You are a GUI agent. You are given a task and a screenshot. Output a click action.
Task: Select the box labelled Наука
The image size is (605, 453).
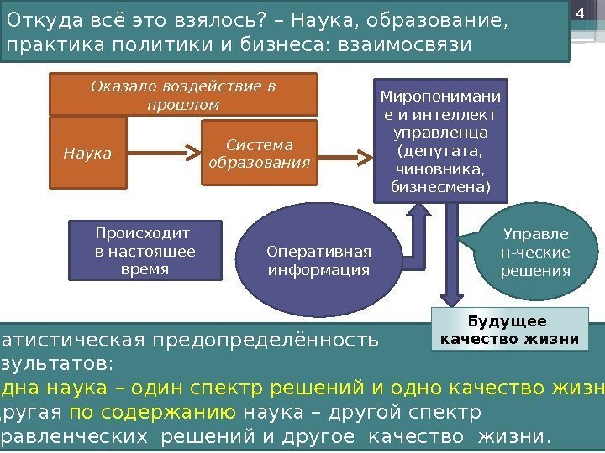[87, 154]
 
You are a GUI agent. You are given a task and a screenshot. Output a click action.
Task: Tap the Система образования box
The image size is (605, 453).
[259, 154]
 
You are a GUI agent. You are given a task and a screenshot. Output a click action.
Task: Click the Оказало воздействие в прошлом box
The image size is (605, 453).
[183, 95]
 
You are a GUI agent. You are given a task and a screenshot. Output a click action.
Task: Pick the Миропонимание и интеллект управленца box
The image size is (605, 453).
[439, 140]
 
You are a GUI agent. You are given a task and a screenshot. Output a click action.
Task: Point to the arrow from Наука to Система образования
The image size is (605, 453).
[164, 154]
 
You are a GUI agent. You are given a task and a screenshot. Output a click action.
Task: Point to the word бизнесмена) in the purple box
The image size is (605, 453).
[439, 186]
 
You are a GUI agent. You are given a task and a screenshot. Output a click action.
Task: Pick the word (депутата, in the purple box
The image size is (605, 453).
[439, 152]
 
